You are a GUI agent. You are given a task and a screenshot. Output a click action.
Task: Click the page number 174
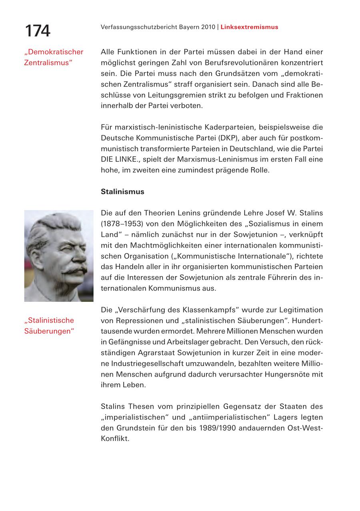point(38,30)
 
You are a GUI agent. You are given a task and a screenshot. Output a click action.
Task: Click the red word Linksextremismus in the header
point(249,27)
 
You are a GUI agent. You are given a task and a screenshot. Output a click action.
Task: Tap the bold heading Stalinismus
point(122,191)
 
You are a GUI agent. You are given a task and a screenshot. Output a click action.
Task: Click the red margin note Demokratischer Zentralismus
point(53,57)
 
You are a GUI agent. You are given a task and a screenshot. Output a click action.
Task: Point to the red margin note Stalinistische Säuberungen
point(50,326)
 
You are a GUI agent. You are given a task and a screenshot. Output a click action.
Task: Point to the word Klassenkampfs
point(209,310)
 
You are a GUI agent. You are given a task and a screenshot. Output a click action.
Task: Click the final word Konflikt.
point(115,439)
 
